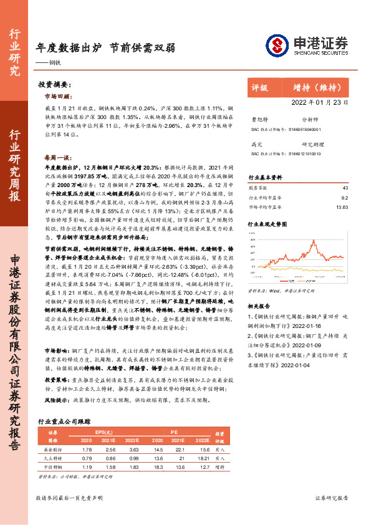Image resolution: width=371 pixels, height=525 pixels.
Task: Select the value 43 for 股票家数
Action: coord(345,187)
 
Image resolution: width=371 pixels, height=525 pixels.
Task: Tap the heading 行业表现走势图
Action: coord(268,223)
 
